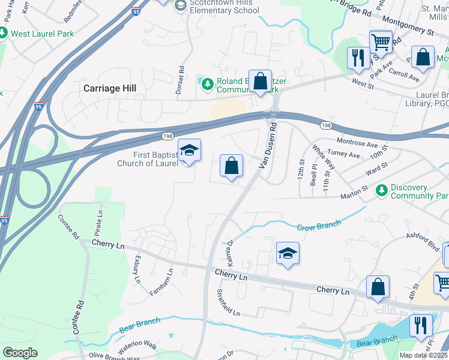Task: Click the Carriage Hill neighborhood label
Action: point(109,88)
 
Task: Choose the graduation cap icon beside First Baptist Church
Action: point(189,151)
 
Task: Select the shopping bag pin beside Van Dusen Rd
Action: point(231,166)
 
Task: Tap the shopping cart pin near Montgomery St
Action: point(381,42)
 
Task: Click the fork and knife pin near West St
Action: point(358,58)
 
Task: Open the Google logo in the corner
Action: point(20,352)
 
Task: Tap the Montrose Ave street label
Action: point(357,145)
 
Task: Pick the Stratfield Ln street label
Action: point(228,302)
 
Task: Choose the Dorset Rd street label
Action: point(179,77)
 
